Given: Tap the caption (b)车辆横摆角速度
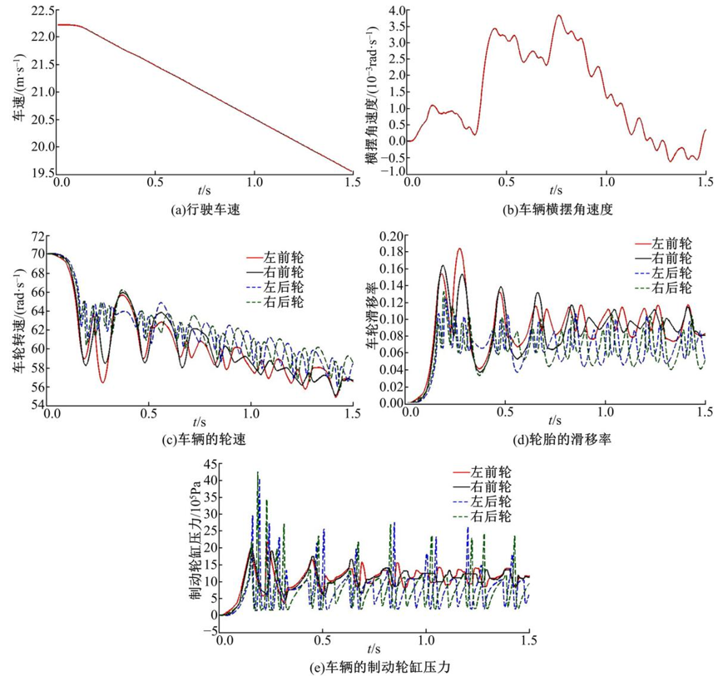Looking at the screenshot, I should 555,210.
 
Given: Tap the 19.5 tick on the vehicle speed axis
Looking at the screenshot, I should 42,173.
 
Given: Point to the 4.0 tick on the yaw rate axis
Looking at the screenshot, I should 394,11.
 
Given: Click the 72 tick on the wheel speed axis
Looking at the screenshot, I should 37,239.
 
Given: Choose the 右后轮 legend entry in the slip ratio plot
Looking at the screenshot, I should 673,288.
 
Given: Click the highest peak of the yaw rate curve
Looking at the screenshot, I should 558,15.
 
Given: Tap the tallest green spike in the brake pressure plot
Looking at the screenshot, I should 258,472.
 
